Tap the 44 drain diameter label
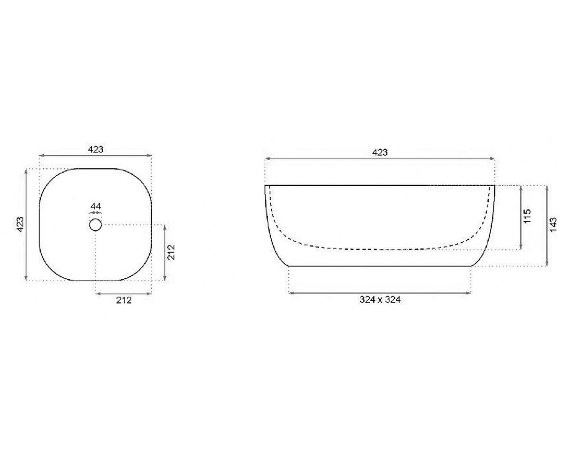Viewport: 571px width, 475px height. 96,206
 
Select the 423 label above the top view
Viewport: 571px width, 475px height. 96,149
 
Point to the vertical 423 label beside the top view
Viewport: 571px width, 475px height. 20,224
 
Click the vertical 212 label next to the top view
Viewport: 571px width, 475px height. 171,252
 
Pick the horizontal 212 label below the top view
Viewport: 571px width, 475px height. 124,300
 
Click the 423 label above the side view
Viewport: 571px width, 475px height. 380,152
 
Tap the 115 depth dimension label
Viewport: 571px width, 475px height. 527,216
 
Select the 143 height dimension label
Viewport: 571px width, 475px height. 552,225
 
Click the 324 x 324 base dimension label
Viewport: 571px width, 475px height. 380,300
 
